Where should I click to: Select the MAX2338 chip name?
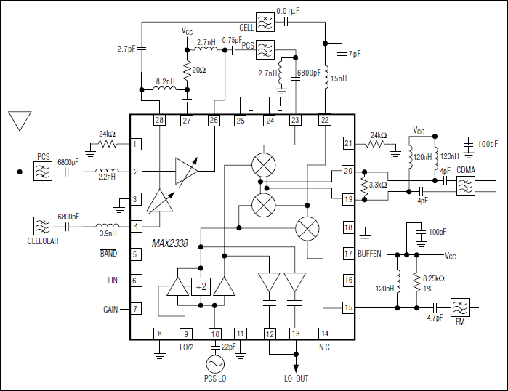coord(170,244)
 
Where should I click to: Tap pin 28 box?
coord(159,121)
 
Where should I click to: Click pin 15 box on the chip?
coord(348,308)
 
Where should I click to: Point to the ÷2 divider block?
coord(201,287)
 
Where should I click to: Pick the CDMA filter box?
coord(464,187)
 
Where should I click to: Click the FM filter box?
coord(459,307)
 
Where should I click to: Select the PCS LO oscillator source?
coord(215,363)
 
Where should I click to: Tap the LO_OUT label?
coord(296,378)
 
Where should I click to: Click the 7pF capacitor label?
coord(355,55)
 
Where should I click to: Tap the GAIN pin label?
coord(110,309)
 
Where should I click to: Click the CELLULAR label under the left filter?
coord(43,241)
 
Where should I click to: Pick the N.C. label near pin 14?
coord(325,347)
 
